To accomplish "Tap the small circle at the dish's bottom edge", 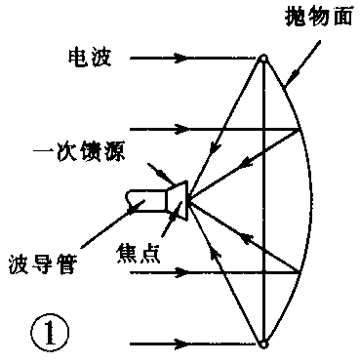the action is (263, 344).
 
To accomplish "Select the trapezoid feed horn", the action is (176, 198).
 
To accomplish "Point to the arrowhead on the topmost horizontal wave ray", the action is (180, 59).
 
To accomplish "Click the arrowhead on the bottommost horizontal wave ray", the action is (180, 344).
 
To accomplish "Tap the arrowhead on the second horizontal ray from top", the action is (180, 127).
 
